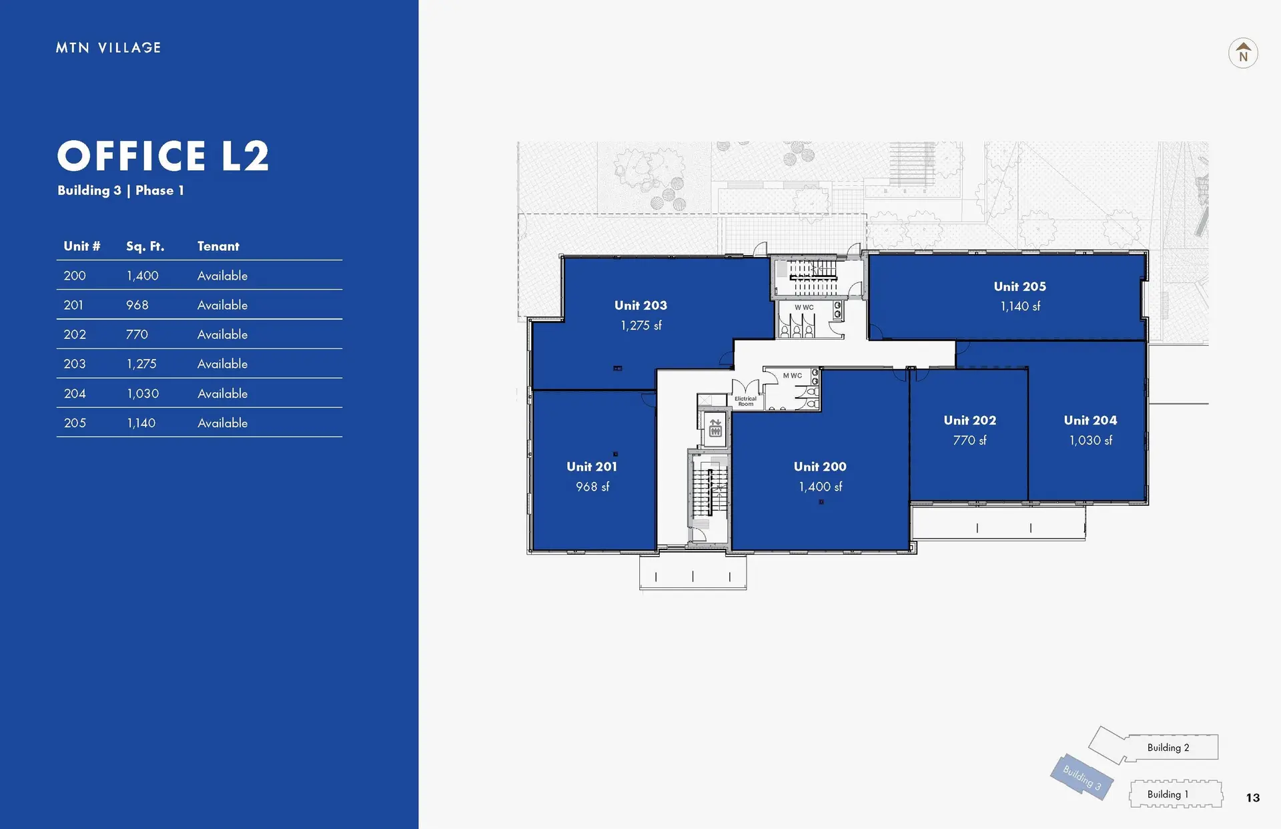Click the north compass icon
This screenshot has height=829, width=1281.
1243,53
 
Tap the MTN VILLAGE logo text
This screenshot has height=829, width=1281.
108,47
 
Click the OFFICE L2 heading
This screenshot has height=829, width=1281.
163,156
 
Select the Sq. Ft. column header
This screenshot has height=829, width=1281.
145,246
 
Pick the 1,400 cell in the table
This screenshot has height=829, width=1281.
143,276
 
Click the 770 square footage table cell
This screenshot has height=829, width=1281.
137,334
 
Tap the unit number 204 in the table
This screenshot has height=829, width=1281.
75,394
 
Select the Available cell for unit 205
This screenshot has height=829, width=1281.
222,423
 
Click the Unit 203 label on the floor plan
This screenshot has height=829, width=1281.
640,305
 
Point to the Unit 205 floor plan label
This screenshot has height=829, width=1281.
1019,286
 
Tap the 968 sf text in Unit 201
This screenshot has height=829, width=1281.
592,487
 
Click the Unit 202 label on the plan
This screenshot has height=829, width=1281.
969,420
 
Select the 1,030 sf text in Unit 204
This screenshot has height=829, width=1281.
1090,441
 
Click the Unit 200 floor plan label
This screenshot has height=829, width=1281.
820,467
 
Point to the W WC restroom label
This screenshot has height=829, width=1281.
804,308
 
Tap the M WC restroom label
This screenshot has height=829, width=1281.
793,376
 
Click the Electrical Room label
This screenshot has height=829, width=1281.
745,401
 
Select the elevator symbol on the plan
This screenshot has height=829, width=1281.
715,428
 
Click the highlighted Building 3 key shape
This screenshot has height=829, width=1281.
1081,778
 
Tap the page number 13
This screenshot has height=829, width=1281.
1252,798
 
